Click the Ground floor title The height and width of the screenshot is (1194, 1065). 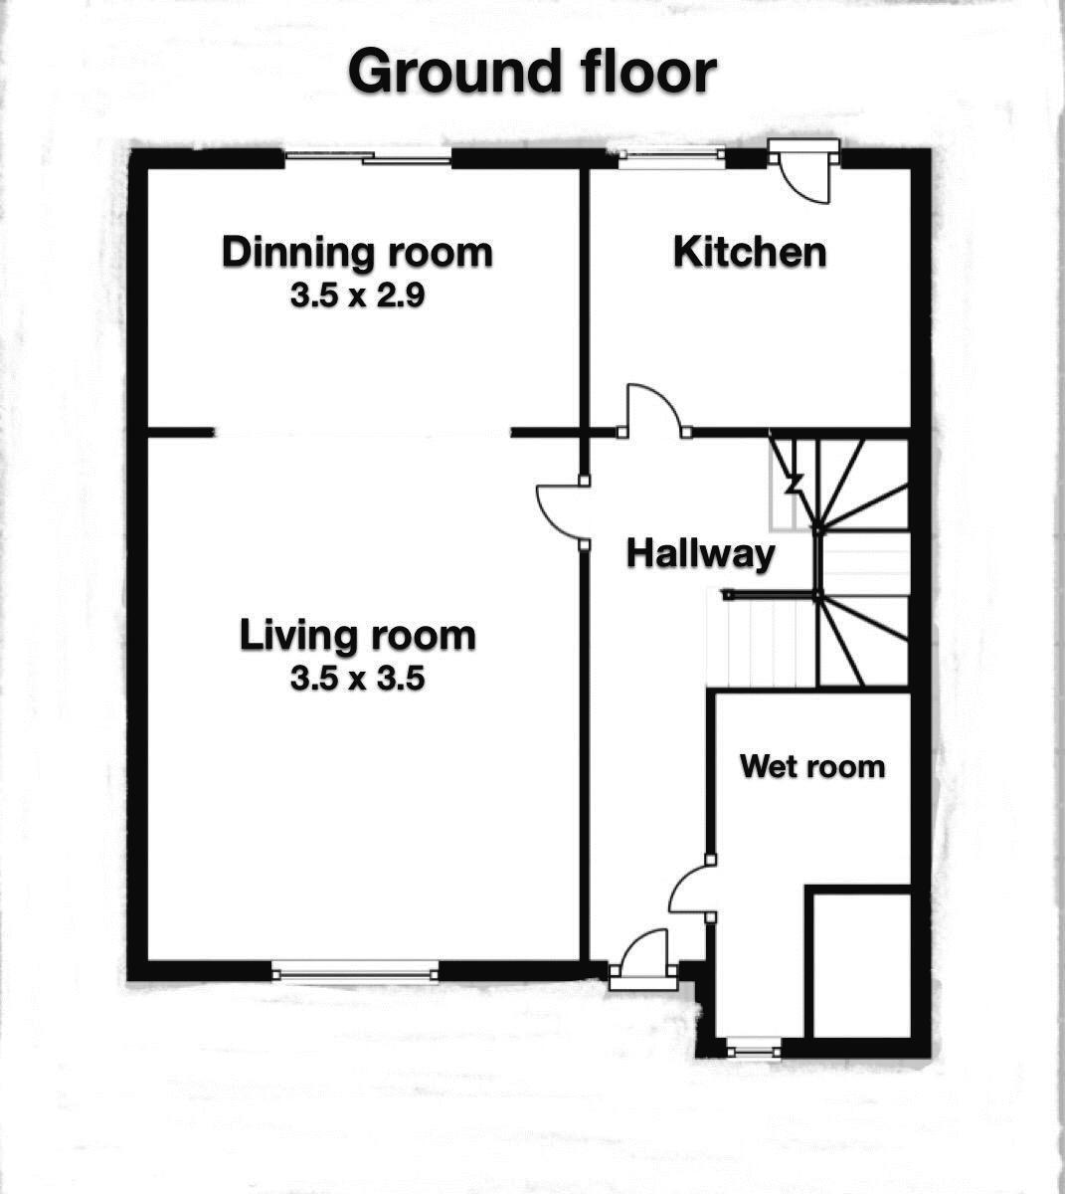pyautogui.click(x=532, y=72)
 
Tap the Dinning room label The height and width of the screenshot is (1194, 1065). pyautogui.click(x=357, y=252)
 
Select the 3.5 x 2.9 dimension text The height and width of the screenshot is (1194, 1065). pyautogui.click(x=357, y=296)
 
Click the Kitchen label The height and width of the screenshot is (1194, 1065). pyautogui.click(x=750, y=252)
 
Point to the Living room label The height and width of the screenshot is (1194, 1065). pyautogui.click(x=357, y=635)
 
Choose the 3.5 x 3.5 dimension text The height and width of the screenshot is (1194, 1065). pyautogui.click(x=357, y=679)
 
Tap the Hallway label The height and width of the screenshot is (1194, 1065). pyautogui.click(x=700, y=553)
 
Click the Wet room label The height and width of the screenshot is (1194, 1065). pyautogui.click(x=812, y=766)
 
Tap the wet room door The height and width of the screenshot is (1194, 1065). pyautogui.click(x=690, y=889)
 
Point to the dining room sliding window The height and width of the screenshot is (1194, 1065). pyautogui.click(x=367, y=156)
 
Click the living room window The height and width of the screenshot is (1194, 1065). pyautogui.click(x=356, y=970)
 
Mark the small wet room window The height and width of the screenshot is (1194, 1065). pyautogui.click(x=752, y=1048)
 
